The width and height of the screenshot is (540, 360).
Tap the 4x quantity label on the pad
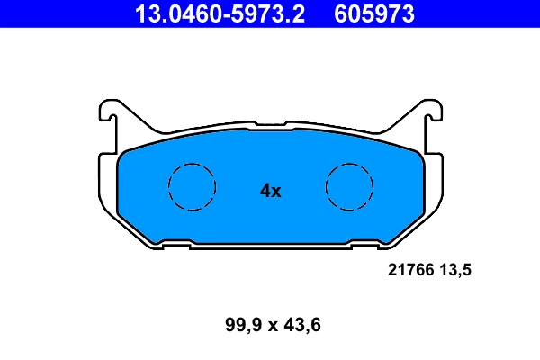271,191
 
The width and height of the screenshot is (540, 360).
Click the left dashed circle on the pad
193,187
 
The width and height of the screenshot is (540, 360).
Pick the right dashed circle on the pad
349,187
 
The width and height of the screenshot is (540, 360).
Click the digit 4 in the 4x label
265,191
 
